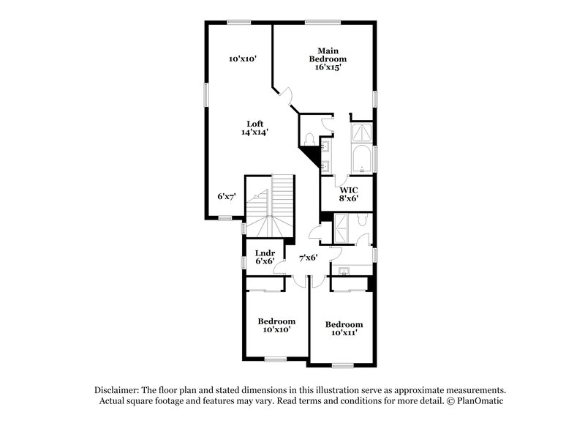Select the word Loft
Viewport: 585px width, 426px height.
(254, 124)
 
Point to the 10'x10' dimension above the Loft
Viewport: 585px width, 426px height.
(242, 58)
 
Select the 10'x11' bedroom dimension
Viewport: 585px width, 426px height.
(344, 333)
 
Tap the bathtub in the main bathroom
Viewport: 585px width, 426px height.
(362, 159)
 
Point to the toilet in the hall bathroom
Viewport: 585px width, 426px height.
(363, 220)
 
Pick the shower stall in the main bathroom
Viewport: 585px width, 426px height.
(362, 132)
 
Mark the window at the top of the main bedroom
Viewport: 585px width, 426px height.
(317, 21)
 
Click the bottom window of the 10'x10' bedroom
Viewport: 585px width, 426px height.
(276, 359)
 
